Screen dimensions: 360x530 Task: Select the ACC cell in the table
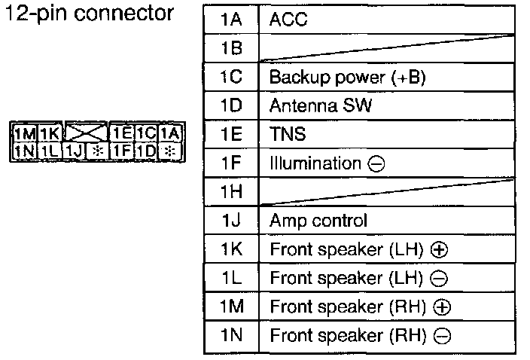point(288,20)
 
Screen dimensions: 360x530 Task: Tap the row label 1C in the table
point(231,78)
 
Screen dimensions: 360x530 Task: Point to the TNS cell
point(285,135)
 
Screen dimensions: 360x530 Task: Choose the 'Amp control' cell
point(318,221)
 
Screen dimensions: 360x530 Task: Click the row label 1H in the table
point(231,193)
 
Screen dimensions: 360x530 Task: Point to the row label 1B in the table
point(231,49)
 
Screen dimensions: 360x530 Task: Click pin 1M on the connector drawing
point(26,135)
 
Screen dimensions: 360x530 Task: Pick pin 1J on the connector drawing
point(74,151)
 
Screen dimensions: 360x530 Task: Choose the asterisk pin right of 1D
point(171,151)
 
